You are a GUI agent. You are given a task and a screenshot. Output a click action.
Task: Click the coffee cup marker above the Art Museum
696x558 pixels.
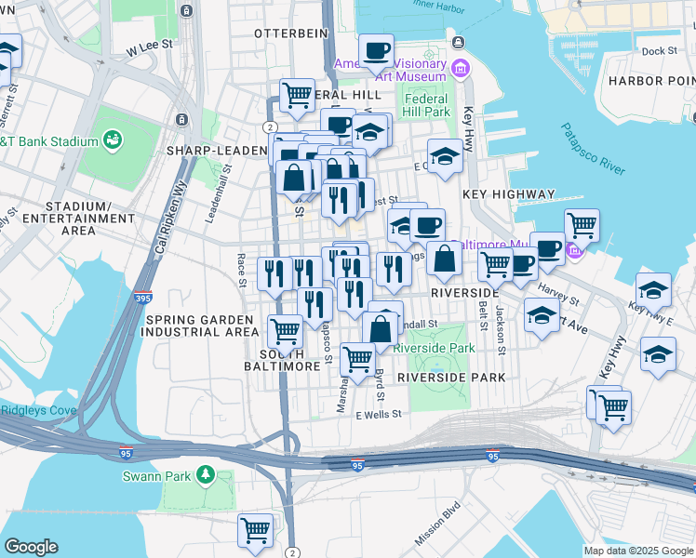(x=376, y=51)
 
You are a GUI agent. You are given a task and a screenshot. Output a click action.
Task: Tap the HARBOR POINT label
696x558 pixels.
(x=650, y=81)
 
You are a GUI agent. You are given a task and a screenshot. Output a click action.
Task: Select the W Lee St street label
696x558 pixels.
(x=151, y=44)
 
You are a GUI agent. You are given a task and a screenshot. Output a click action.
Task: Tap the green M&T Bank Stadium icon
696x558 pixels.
(x=114, y=140)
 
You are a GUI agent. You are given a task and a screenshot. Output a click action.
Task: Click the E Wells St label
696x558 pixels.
(x=378, y=415)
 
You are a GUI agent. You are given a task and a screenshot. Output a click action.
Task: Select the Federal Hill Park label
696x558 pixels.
(x=427, y=105)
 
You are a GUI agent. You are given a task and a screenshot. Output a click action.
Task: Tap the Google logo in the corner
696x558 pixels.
(x=31, y=547)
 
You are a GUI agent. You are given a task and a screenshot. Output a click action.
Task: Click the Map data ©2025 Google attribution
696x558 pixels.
(x=637, y=551)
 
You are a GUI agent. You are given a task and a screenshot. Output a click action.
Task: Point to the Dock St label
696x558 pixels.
(x=658, y=51)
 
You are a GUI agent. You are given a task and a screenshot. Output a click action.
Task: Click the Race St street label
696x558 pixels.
(x=241, y=270)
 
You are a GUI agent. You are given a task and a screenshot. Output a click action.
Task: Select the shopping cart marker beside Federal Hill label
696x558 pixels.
(x=297, y=95)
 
